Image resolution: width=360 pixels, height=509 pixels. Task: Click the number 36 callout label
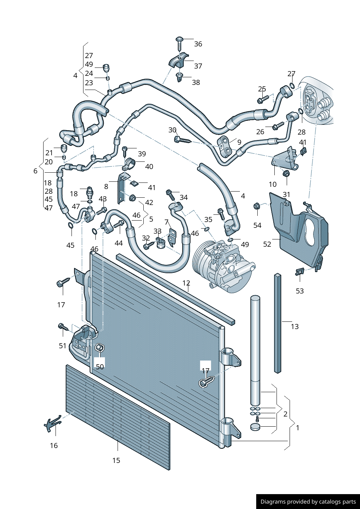[198, 44]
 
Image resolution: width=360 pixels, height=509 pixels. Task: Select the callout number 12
[186, 283]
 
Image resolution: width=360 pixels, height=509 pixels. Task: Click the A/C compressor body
[225, 267]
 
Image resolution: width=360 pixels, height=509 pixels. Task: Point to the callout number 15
[116, 460]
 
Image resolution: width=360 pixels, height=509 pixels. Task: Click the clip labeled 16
[52, 423]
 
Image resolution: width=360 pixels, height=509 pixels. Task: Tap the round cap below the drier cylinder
[255, 427]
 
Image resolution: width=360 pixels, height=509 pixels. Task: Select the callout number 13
[295, 327]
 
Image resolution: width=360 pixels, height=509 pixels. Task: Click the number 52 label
[267, 244]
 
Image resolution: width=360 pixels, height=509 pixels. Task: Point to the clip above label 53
[300, 271]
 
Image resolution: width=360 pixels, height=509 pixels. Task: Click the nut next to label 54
[256, 206]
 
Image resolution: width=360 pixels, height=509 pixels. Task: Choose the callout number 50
[100, 367]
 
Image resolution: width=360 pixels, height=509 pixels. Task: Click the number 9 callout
[239, 142]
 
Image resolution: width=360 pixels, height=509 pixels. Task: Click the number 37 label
[198, 66]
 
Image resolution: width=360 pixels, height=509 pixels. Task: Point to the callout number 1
[298, 428]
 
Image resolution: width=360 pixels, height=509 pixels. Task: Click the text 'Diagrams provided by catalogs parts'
[308, 502]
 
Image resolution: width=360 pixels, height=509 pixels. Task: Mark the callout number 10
[273, 184]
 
